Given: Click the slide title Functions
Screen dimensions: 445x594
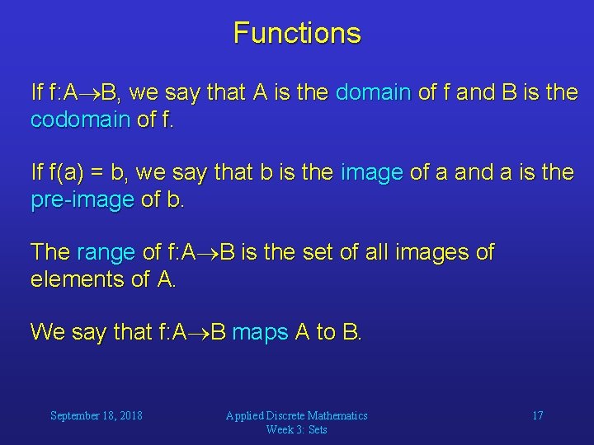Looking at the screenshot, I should tap(297, 33).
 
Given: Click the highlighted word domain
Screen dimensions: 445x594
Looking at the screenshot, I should tap(374, 93).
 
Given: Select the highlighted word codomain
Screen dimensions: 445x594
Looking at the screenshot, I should tap(80, 120).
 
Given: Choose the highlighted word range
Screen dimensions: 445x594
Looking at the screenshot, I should tap(105, 252).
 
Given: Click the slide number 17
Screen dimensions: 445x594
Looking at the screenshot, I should tap(537, 415).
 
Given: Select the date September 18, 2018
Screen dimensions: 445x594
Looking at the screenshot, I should tap(96, 415).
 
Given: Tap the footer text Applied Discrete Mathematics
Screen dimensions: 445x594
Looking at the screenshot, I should tap(297, 415).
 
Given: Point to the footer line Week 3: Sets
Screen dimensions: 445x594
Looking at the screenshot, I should tap(297, 429).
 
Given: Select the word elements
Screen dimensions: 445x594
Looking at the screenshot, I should tap(78, 279).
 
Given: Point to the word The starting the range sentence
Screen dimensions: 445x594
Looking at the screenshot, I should tap(50, 252).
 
